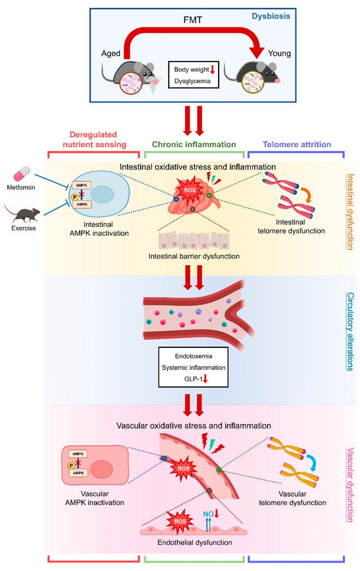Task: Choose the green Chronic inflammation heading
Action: (x=194, y=144)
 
